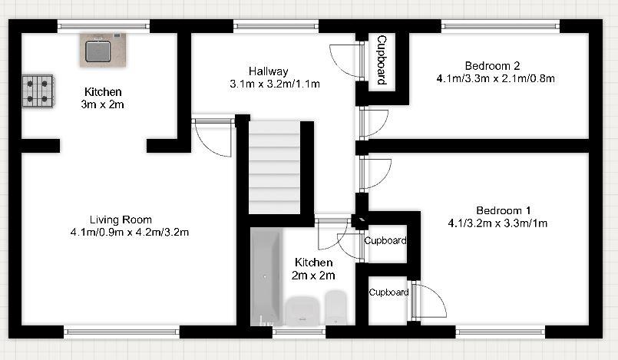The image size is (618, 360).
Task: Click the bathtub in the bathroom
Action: [x=266, y=277]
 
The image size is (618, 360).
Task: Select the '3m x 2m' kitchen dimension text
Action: [x=104, y=104]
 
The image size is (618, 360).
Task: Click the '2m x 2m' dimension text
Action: [x=313, y=276]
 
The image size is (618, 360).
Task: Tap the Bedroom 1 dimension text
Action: [x=497, y=223]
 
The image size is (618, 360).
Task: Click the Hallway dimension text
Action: [x=274, y=83]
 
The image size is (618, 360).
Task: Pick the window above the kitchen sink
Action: [x=104, y=25]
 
